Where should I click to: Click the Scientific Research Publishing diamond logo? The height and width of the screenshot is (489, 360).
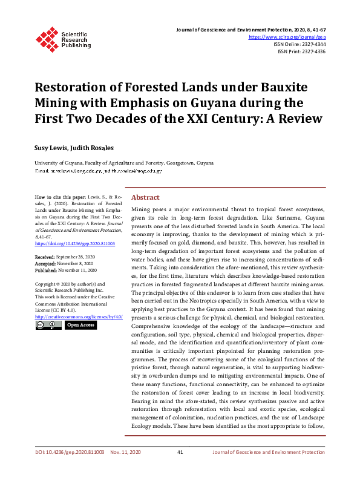click(47, 38)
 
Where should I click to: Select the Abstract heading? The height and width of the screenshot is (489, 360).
click(145, 198)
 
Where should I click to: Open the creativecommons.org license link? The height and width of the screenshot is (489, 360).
click(79, 317)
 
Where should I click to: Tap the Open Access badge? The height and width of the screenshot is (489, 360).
click(80, 325)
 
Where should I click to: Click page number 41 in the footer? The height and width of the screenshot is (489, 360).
click(180, 452)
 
